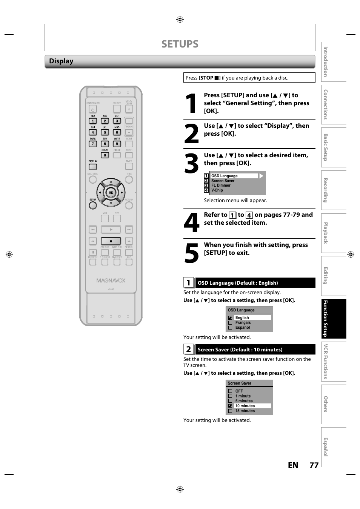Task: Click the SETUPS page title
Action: (x=180, y=44)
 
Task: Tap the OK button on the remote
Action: (x=111, y=192)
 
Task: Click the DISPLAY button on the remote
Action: (x=93, y=167)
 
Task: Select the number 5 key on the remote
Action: (x=105, y=132)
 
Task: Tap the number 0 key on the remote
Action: (x=105, y=155)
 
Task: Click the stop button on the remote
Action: (x=111, y=241)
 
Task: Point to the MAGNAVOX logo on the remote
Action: (x=111, y=281)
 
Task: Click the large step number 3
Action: (x=191, y=164)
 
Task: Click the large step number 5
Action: (x=191, y=253)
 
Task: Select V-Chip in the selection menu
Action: (x=217, y=190)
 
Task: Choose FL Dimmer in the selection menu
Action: (x=221, y=186)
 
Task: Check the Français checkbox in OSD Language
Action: (x=230, y=323)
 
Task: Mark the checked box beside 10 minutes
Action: (x=230, y=406)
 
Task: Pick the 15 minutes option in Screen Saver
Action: (x=245, y=411)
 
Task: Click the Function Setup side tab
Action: (x=334, y=319)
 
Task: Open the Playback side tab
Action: (x=334, y=233)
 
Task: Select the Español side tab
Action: (x=334, y=447)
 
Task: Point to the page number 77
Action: (x=314, y=465)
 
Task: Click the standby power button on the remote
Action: (x=93, y=109)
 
